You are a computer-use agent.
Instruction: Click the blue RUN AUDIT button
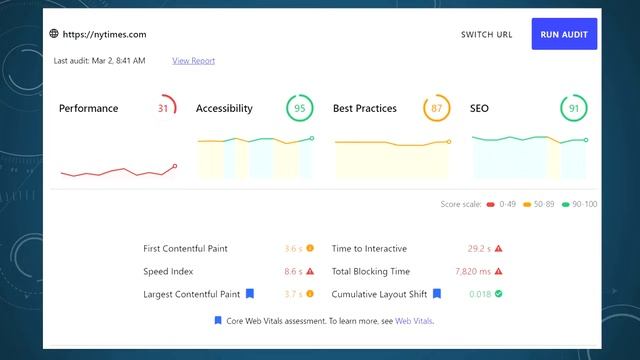point(564,34)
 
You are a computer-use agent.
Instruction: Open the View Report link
point(193,61)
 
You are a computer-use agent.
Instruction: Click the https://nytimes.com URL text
point(104,34)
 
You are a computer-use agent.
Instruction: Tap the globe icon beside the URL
point(54,34)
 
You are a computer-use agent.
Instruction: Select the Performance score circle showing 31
point(164,108)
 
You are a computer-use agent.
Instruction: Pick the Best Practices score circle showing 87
point(436,108)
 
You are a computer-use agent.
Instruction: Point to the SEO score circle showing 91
point(573,108)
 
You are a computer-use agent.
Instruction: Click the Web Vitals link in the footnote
point(414,321)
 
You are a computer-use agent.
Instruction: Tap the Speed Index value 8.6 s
point(293,271)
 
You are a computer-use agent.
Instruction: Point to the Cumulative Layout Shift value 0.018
point(480,294)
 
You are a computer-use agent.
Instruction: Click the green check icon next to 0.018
point(498,294)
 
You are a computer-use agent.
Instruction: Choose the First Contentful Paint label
point(186,248)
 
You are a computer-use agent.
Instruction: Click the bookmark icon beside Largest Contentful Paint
point(250,294)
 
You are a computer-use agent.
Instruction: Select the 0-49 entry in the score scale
point(504,204)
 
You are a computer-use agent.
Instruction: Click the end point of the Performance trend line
point(175,166)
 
